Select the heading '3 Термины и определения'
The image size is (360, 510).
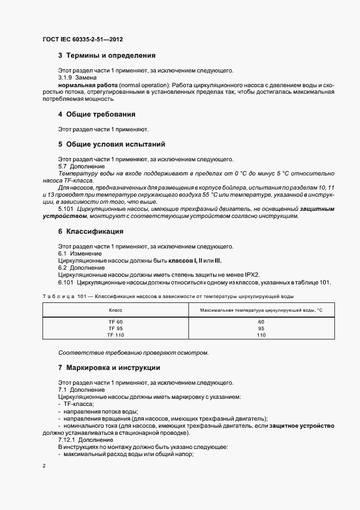click(x=107, y=56)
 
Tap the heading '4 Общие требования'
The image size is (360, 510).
click(x=96, y=114)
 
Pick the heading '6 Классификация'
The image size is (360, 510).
click(x=90, y=232)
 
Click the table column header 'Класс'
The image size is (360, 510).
click(x=115, y=309)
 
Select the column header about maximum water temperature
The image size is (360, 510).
click(x=261, y=309)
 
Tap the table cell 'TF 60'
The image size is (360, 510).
click(x=115, y=321)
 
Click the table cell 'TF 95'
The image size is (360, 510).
click(x=115, y=328)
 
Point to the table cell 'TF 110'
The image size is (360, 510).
click(x=115, y=335)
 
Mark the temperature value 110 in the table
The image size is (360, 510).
click(x=261, y=335)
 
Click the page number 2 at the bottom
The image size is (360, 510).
click(x=44, y=466)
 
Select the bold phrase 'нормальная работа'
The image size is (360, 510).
click(x=82, y=86)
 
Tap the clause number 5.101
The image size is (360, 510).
click(x=66, y=209)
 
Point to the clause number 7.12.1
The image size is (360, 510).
click(x=67, y=440)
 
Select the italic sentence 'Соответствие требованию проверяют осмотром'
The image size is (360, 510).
click(x=133, y=353)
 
